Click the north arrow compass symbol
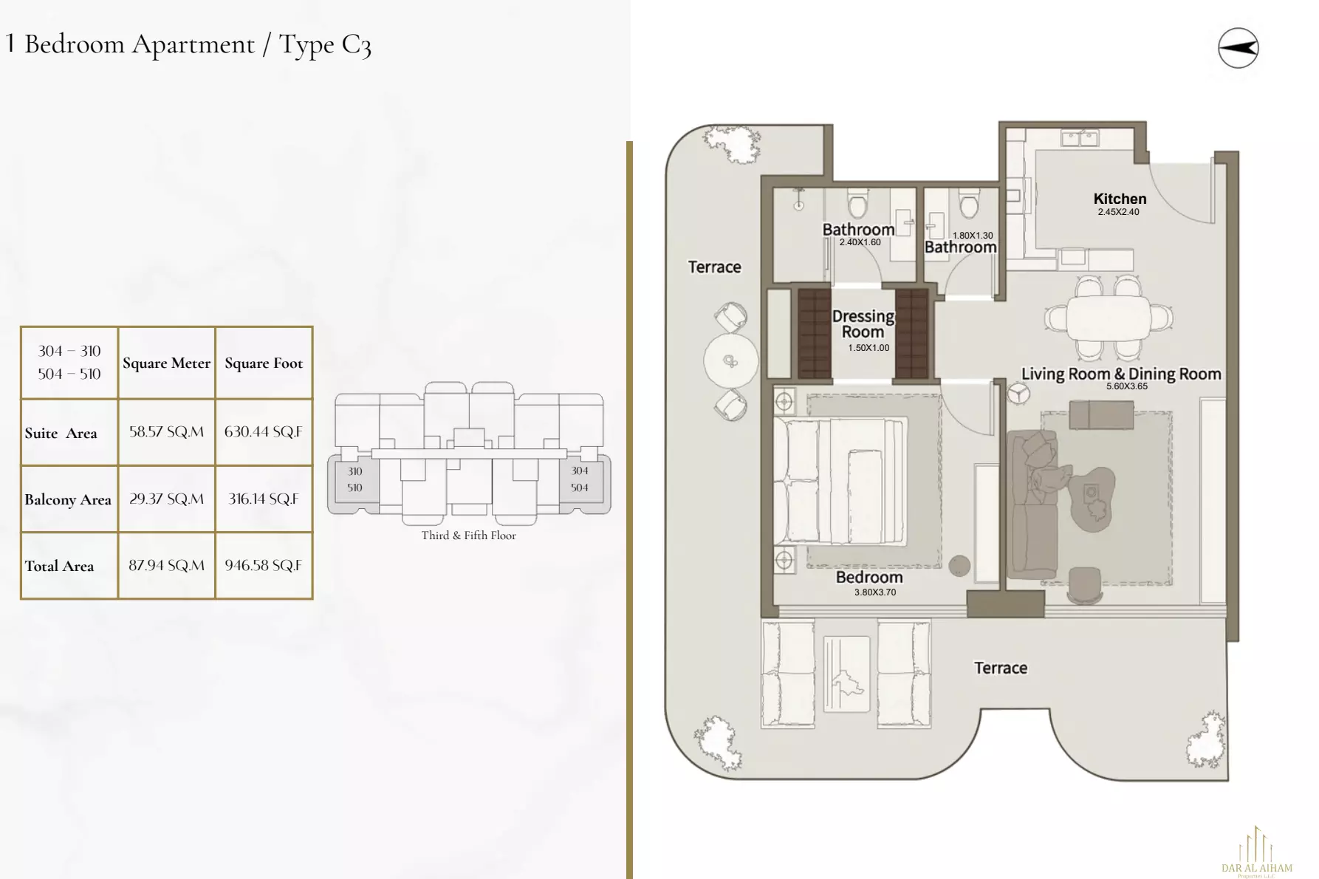(1238, 48)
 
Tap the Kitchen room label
(1120, 199)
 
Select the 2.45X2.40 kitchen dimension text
(1118, 212)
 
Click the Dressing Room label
(863, 324)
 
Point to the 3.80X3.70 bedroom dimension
(875, 592)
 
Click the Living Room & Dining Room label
(1121, 374)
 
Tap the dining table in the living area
(1108, 318)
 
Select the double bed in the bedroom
(839, 482)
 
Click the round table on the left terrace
(730, 360)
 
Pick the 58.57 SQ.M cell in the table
(166, 432)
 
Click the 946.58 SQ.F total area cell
(263, 566)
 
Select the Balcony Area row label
(68, 499)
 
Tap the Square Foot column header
(264, 363)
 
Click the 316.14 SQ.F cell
(263, 499)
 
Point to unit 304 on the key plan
(580, 471)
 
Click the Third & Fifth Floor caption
(468, 536)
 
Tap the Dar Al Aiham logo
(1256, 853)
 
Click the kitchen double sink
(1080, 138)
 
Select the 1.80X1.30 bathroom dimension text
(973, 236)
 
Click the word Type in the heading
(306, 45)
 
